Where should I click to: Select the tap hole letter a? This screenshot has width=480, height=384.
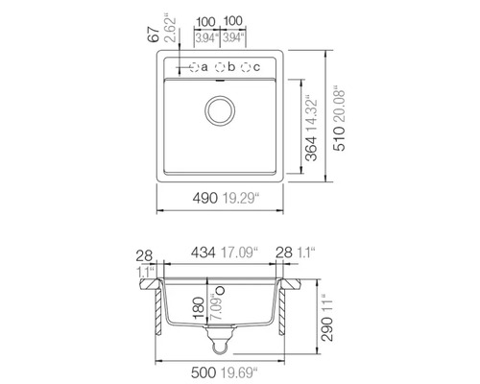coord(204,66)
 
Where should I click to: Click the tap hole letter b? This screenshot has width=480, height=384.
coord(231,66)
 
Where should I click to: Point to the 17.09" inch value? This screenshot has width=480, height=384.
coord(233,252)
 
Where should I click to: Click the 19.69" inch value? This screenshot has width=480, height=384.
coord(236,370)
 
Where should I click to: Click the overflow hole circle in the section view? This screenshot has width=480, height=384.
coord(220,289)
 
